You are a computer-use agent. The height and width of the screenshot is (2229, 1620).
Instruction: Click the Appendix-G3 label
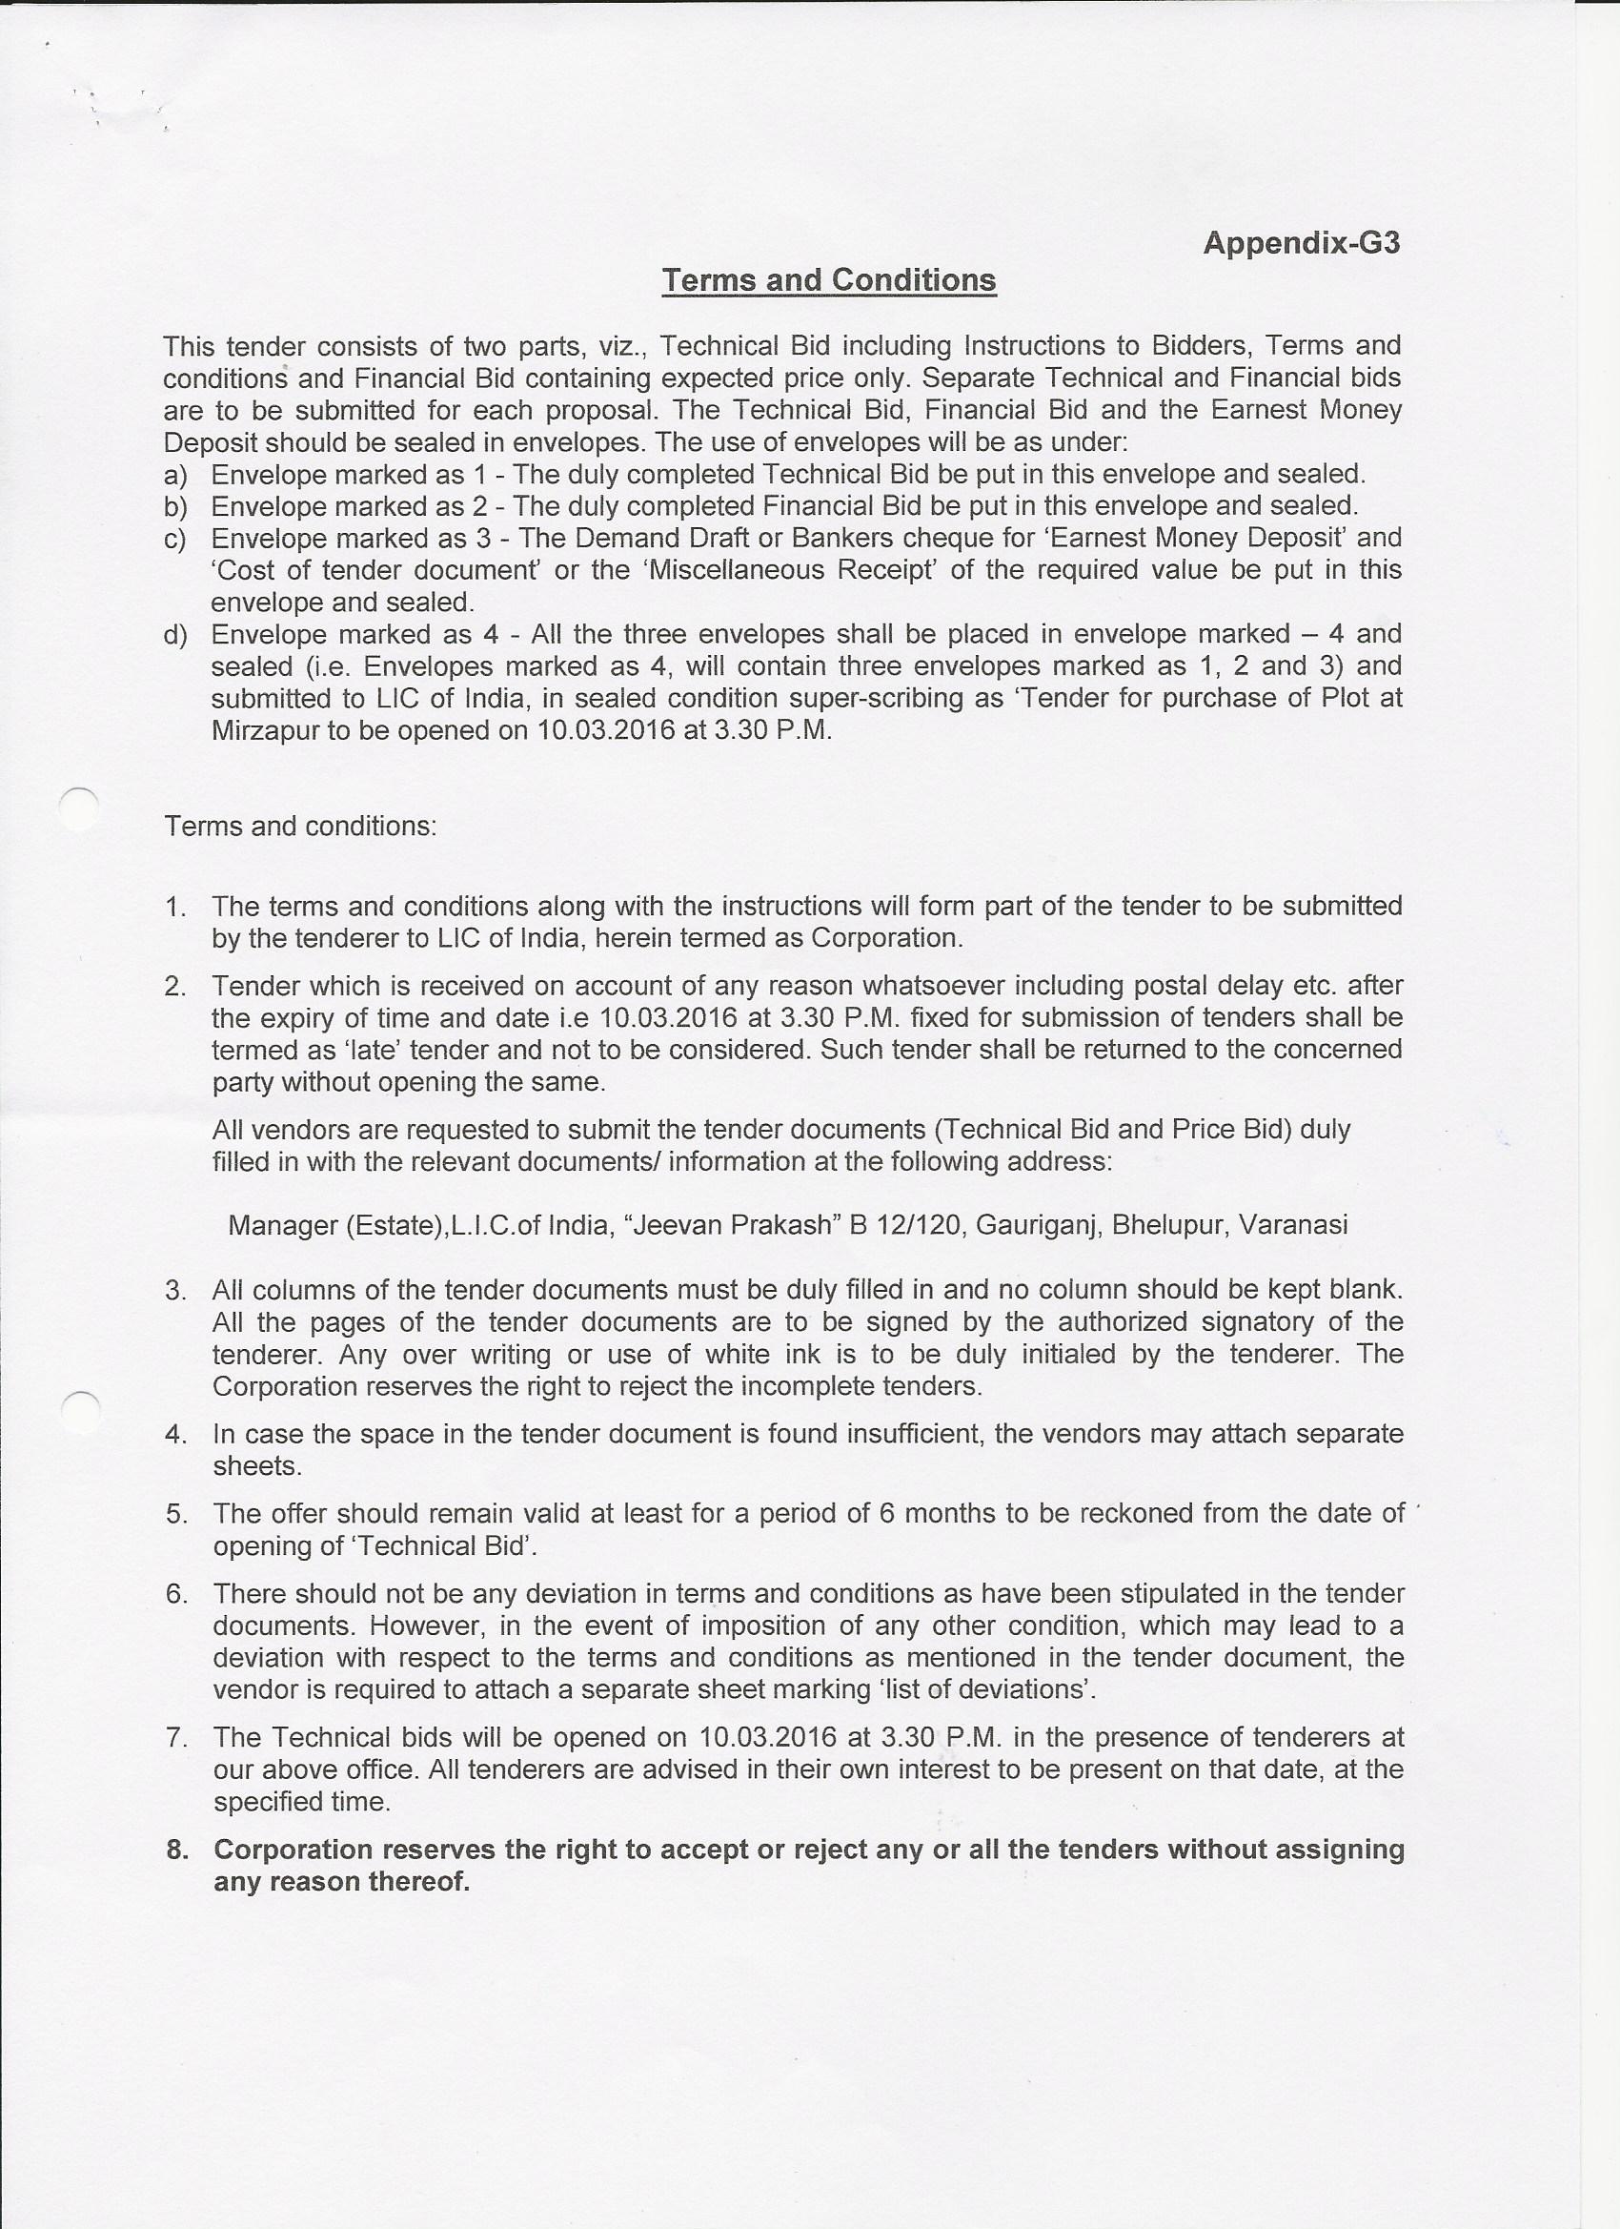click(1301, 243)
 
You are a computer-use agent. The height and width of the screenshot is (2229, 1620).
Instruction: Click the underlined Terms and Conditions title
click(829, 280)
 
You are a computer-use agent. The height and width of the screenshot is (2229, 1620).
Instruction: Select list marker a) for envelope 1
click(175, 476)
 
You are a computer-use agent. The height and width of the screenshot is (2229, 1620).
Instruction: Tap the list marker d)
click(175, 635)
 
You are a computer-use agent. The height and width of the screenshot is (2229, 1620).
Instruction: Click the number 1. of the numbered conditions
click(176, 906)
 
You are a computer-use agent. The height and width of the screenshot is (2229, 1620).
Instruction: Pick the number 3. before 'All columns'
click(176, 1291)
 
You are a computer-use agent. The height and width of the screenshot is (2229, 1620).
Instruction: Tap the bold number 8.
click(177, 1851)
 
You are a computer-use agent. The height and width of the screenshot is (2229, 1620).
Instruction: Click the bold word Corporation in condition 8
click(292, 1851)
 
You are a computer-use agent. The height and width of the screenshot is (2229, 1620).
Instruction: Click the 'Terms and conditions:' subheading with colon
click(299, 827)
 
